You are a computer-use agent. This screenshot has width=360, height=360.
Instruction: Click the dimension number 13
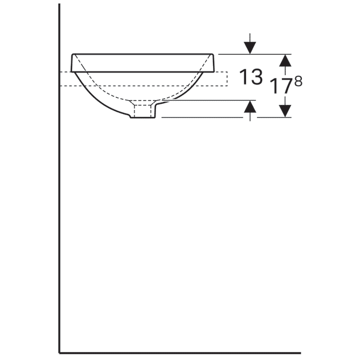click(x=251, y=77)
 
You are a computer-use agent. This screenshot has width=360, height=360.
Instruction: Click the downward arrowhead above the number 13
click(x=250, y=47)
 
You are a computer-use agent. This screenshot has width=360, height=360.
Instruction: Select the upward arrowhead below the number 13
click(x=250, y=107)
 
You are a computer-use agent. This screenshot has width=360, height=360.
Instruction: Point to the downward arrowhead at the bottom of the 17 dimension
click(x=286, y=110)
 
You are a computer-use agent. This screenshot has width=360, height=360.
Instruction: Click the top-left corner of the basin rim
click(x=72, y=54)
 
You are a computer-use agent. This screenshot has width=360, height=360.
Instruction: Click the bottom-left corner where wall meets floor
click(x=59, y=353)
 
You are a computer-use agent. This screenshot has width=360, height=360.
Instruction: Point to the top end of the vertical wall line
click(x=59, y=5)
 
